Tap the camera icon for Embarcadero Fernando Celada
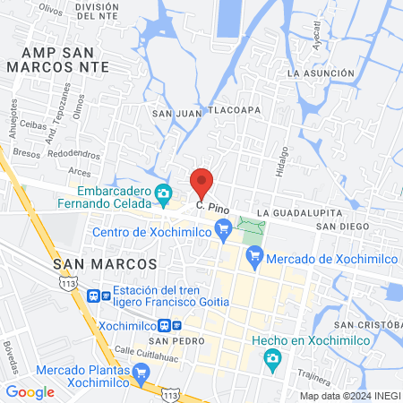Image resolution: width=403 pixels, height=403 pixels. coord(163,193)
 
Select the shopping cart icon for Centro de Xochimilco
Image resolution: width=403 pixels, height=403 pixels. coord(223,235)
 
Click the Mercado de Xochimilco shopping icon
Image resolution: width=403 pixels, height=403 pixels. coord(254,259)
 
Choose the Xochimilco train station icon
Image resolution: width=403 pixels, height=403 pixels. coord(166,326)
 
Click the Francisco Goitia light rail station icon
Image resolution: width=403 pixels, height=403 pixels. coord(93,295)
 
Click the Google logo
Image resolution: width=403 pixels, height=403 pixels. coord(30,391)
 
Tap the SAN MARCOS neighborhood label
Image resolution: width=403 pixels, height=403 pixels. coord(105,264)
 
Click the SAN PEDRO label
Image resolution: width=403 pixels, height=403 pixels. coord(171,342)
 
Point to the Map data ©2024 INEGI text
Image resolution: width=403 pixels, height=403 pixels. coord(348,395)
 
